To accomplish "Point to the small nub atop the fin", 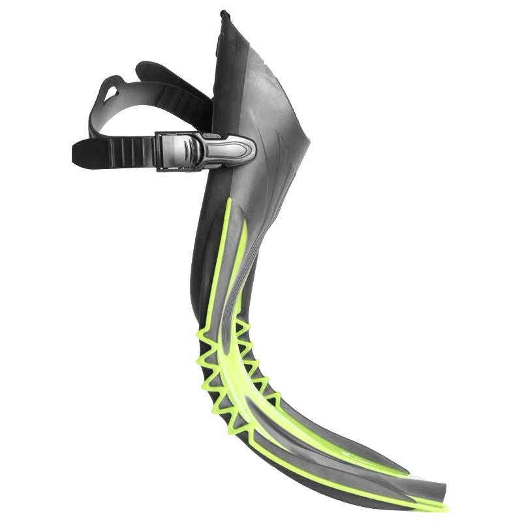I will pos(224,14).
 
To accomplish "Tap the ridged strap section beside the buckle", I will pos(130,152).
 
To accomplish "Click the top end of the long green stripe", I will pos(228,202).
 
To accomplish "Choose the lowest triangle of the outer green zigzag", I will pos(236,427).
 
